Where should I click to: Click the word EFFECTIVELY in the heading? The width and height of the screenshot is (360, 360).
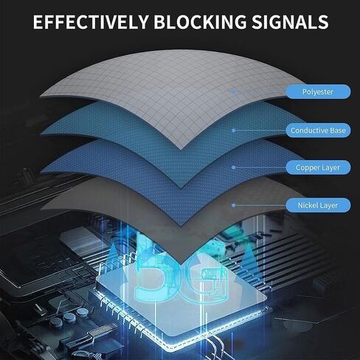point(91,22)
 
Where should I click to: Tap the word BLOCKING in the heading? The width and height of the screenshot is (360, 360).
point(200,22)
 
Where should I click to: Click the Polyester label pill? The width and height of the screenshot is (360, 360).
point(318,91)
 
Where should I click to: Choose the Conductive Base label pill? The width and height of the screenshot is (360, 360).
point(318,131)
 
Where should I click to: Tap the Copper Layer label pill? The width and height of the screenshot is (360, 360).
point(318,167)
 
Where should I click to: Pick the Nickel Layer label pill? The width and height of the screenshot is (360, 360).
point(318,205)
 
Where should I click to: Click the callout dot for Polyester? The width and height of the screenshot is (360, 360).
point(234,91)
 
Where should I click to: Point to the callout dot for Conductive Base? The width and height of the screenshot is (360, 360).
point(234,131)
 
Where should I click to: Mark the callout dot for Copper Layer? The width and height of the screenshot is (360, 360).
point(234,167)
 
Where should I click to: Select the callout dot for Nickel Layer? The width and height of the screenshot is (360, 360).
point(234,205)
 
